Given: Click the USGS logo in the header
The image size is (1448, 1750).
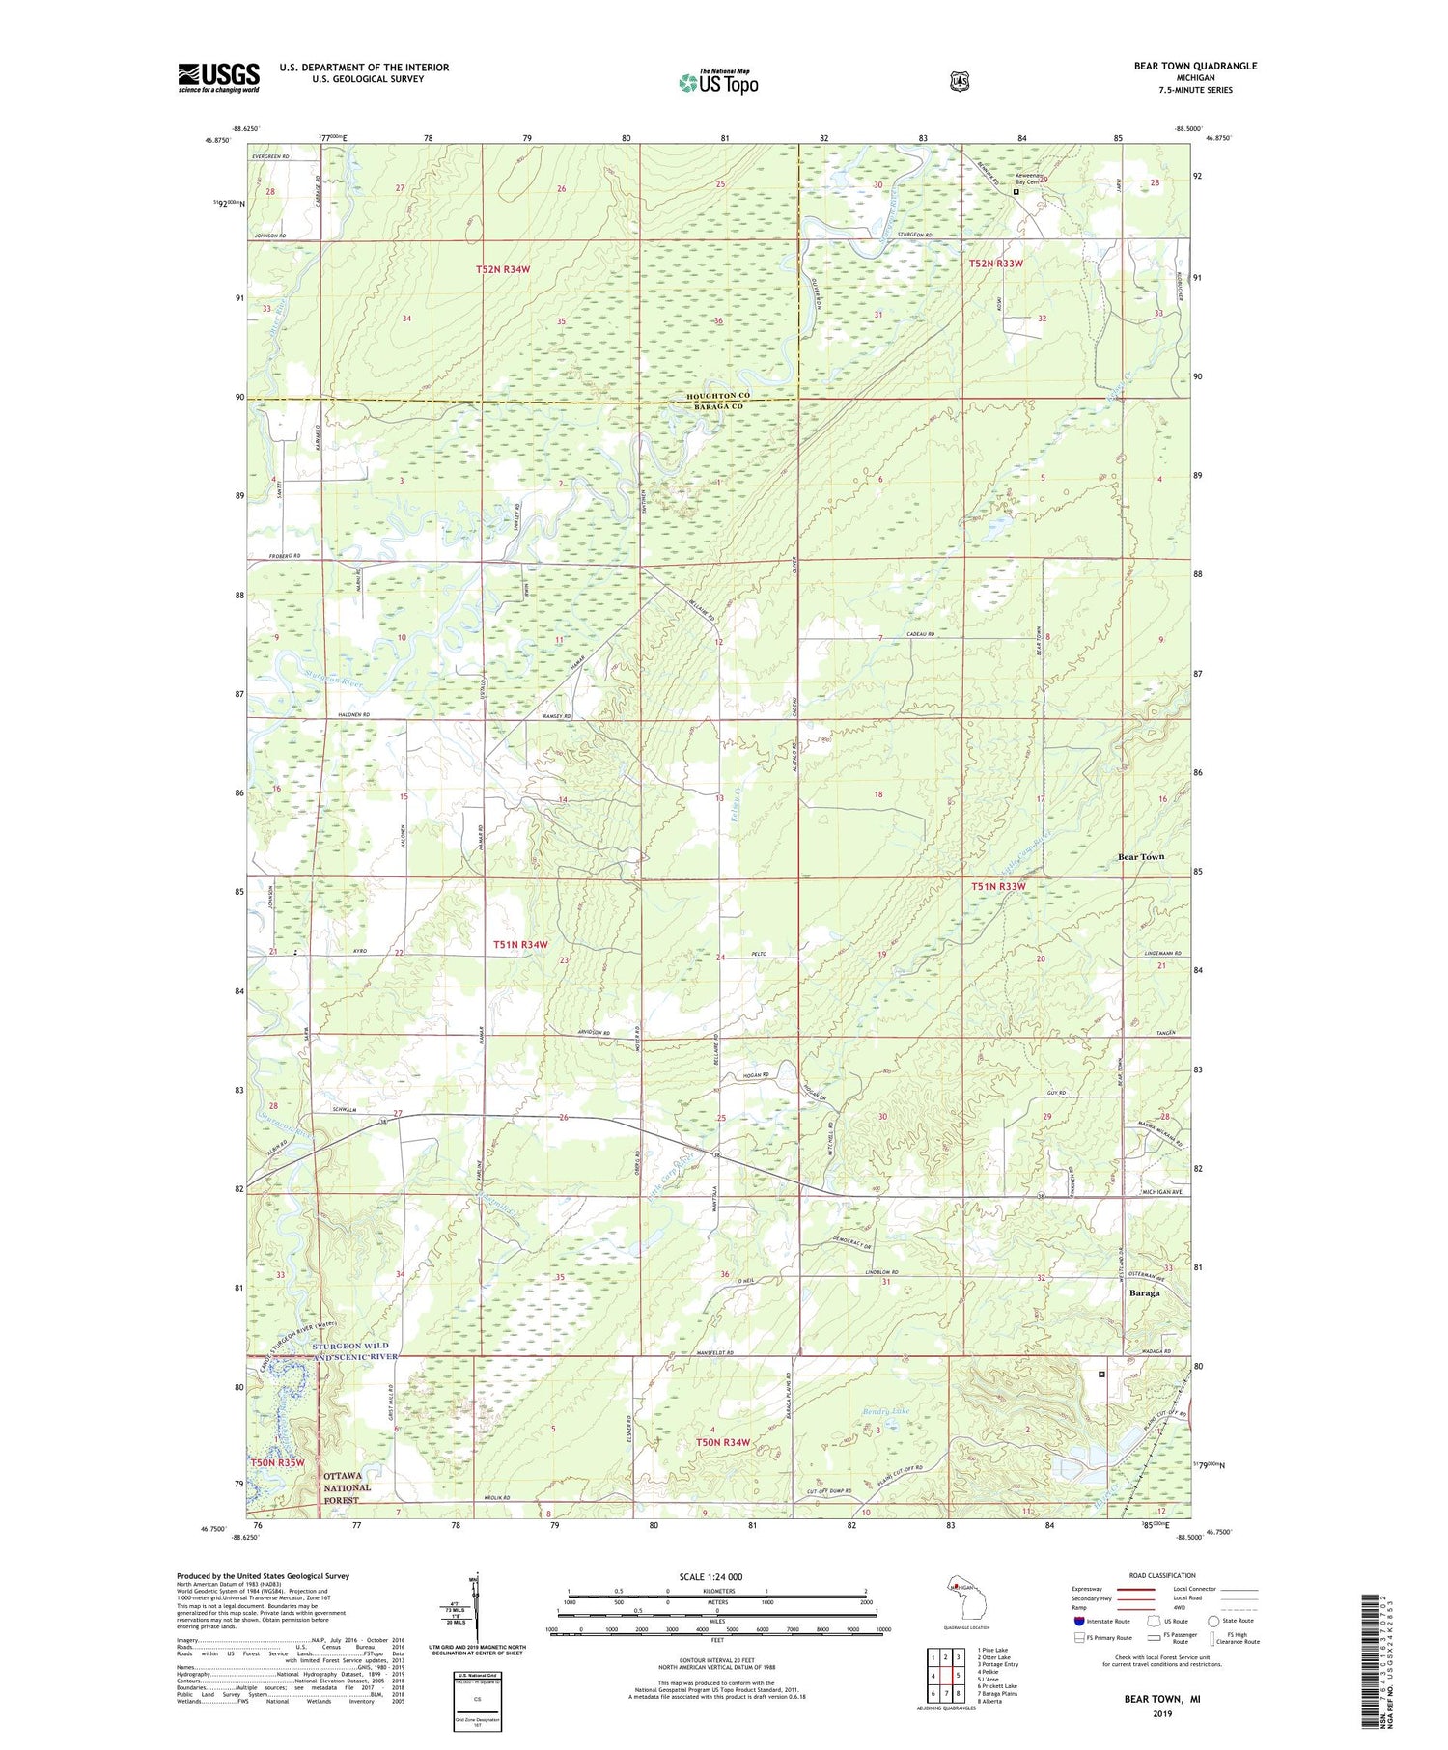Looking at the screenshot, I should point(218,77).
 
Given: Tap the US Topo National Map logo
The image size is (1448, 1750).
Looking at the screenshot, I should point(718,81).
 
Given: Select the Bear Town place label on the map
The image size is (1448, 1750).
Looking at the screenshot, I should point(1140,856).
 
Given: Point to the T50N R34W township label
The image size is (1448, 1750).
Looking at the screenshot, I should point(723,1442).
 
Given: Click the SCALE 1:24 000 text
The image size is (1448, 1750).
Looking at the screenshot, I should point(710,1576).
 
